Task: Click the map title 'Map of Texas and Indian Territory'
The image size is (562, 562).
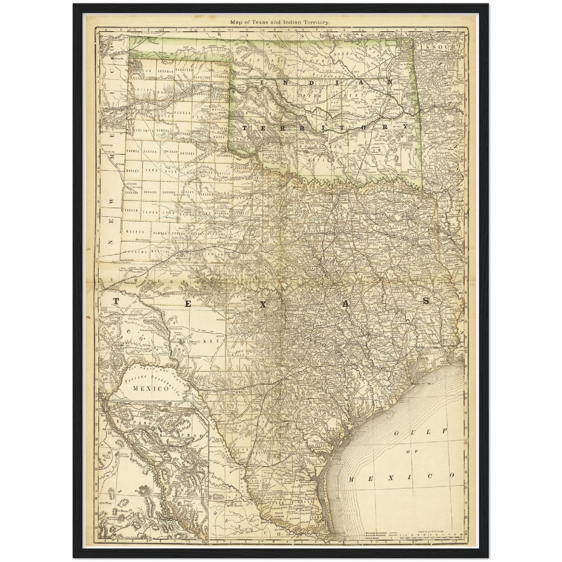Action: pyautogui.click(x=280, y=22)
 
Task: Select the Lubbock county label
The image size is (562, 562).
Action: pyautogui.click(x=170, y=192)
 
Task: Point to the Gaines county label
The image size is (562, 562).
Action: pyautogui.click(x=135, y=232)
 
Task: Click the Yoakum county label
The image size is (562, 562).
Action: pyautogui.click(x=131, y=210)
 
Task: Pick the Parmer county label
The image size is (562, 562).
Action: pyautogui.click(x=133, y=150)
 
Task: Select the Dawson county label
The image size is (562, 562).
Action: pyautogui.click(x=159, y=233)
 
